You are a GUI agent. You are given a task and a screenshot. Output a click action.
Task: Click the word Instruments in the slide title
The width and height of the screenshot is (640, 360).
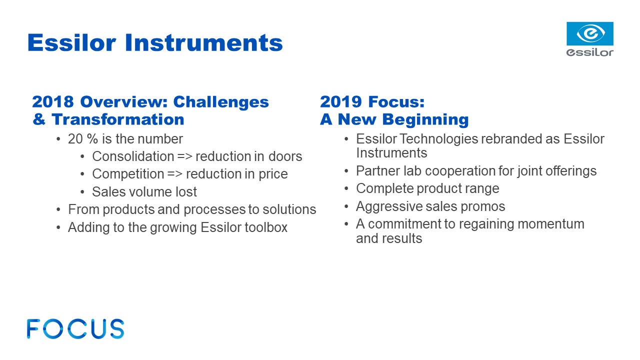point(203,43)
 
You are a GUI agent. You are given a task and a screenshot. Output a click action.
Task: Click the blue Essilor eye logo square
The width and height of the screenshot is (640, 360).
point(590,33)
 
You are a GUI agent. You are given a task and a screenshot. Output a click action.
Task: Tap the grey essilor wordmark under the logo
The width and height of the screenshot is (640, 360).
point(589,52)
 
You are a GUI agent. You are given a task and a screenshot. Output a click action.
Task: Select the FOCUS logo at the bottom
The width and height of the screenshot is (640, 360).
point(75,329)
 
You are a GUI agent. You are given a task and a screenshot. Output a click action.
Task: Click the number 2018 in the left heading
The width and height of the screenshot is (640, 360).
point(53,101)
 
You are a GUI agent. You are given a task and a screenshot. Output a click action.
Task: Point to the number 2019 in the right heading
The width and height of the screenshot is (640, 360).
point(341,101)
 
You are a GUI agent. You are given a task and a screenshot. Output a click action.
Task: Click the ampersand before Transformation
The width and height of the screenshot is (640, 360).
point(39,119)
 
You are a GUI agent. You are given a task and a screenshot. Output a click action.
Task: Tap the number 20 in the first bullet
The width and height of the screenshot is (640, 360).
point(75,139)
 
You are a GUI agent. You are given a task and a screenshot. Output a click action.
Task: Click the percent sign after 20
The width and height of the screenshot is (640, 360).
point(92,139)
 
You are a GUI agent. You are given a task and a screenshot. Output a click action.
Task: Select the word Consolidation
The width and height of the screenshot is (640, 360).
point(133,156)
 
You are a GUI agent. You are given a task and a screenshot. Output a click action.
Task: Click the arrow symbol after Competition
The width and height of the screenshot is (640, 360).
point(175,174)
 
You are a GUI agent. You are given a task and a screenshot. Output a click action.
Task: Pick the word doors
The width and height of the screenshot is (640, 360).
point(285,156)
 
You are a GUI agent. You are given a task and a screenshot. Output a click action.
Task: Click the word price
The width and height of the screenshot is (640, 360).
point(273,174)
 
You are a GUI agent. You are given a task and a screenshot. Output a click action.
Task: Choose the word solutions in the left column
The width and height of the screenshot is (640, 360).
point(289,209)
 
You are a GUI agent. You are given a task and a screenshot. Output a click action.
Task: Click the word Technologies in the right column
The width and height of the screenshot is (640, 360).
point(438,139)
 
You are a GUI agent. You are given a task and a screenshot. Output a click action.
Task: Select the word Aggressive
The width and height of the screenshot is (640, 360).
point(389,206)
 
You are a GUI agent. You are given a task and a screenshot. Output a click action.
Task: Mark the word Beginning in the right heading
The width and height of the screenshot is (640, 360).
point(425,119)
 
